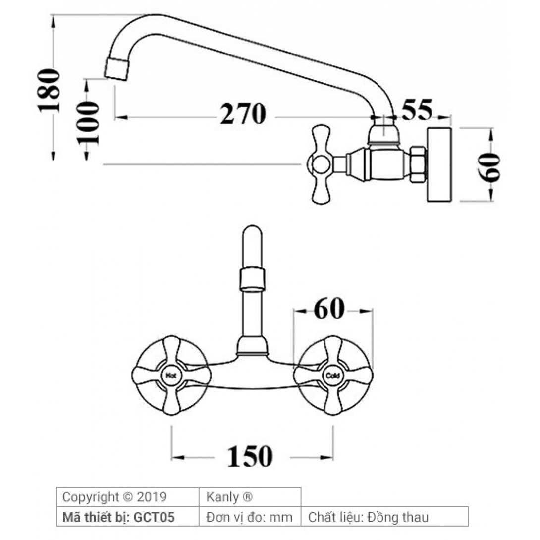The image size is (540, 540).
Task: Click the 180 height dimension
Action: [49, 91]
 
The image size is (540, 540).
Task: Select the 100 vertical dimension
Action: [87, 122]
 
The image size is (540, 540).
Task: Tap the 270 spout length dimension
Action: [243, 114]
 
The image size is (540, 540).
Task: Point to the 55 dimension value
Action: [417, 110]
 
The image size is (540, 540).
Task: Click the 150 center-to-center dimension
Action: [250, 456]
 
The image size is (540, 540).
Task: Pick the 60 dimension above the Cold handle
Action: [329, 309]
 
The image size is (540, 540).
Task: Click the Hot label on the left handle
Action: [171, 376]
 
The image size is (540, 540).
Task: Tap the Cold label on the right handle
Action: [333, 376]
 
